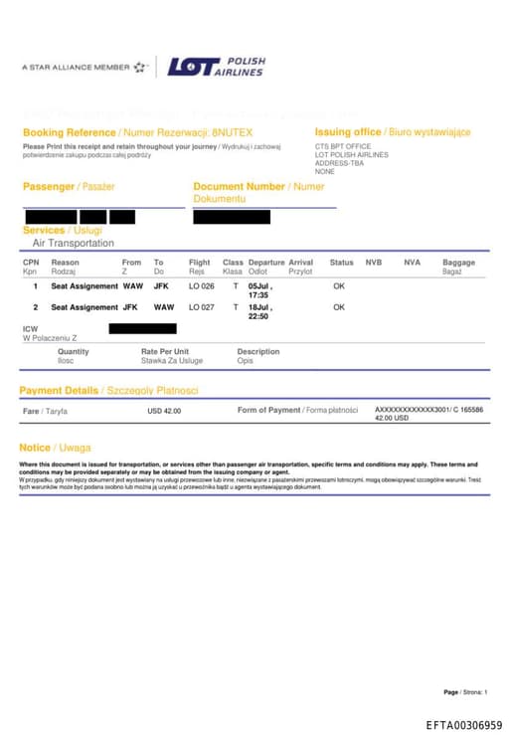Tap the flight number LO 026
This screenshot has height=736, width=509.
click(x=202, y=286)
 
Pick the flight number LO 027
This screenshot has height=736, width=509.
click(x=202, y=307)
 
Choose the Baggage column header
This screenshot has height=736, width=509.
click(x=458, y=263)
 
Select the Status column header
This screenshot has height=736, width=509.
click(x=341, y=263)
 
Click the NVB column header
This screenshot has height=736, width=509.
click(x=374, y=263)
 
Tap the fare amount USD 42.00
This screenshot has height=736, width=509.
click(x=164, y=410)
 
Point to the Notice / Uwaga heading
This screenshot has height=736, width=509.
click(x=55, y=448)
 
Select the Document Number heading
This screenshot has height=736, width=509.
click(x=239, y=186)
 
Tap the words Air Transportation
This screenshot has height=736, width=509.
click(x=74, y=243)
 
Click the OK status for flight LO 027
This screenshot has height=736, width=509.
click(x=339, y=307)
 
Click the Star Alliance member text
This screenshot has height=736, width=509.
click(x=76, y=68)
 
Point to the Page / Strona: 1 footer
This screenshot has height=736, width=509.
click(x=465, y=692)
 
